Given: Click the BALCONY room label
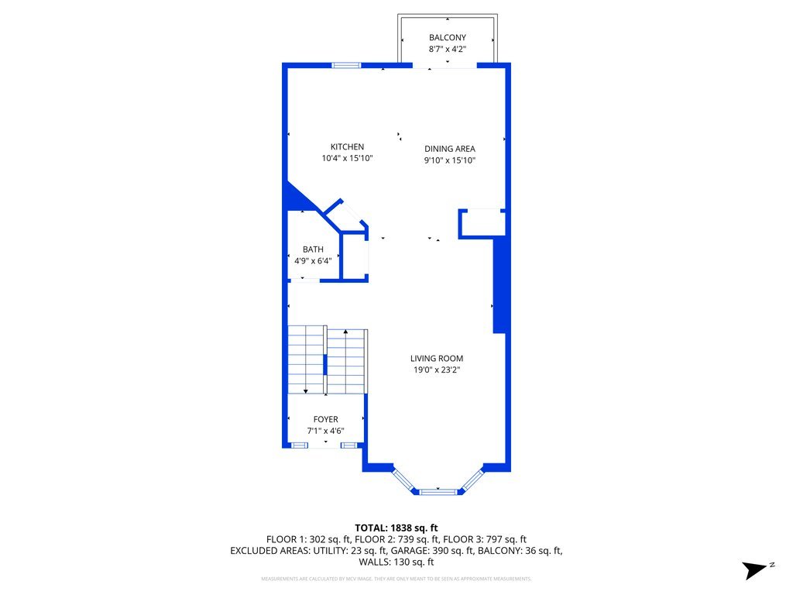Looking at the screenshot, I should [448, 37].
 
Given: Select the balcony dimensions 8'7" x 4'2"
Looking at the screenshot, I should [448, 49].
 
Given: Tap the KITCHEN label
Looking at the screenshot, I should [347, 147].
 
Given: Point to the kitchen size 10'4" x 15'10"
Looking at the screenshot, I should [347, 159].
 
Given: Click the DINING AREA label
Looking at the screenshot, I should [449, 149].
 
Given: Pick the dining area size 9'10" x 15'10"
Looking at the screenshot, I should [449, 161].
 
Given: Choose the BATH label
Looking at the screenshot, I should [313, 249].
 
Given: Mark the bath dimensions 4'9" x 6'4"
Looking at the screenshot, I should [313, 261].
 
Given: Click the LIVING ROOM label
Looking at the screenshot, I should [437, 359].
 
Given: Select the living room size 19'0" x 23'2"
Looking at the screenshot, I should [437, 370].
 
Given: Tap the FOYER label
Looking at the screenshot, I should [325, 420].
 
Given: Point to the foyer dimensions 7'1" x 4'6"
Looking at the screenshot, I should [325, 432].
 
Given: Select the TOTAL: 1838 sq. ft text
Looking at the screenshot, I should [396, 528].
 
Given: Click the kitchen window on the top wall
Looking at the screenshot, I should [346, 65].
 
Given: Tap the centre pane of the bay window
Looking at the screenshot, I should [438, 490].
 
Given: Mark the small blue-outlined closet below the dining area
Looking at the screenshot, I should [482, 223].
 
